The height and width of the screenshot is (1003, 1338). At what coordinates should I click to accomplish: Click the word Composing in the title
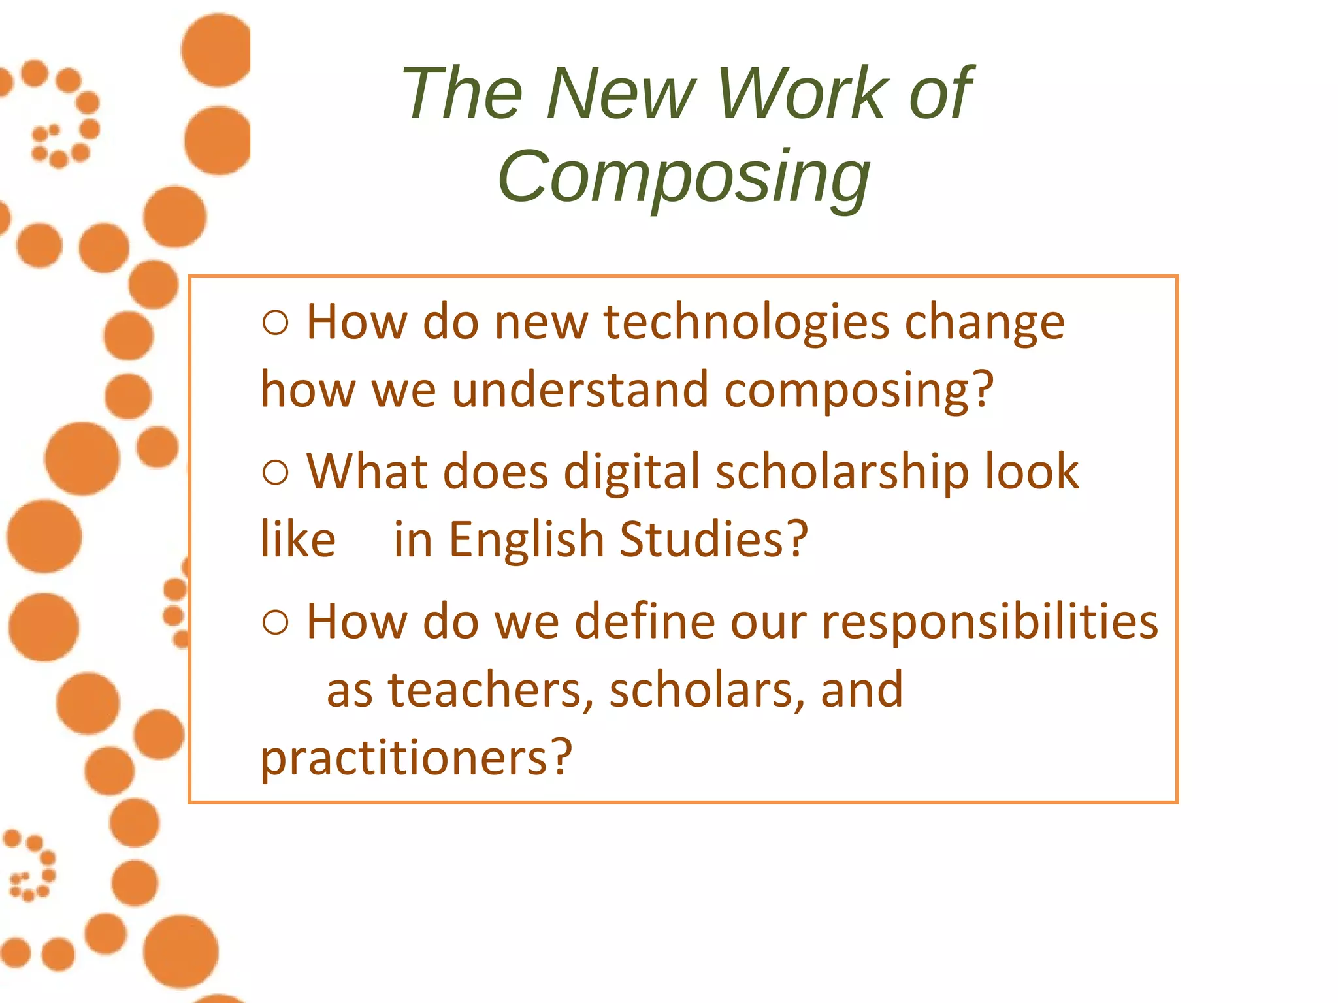(x=683, y=176)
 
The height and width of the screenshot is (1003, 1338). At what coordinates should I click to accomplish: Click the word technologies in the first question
(x=746, y=323)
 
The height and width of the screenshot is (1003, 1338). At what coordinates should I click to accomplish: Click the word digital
(x=632, y=471)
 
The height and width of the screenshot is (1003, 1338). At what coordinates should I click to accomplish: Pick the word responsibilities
(x=990, y=622)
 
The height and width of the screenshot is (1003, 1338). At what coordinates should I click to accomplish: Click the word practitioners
(x=416, y=759)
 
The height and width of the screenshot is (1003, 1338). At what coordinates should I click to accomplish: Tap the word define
(x=644, y=621)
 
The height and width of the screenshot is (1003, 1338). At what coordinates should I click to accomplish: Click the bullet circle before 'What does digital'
(x=275, y=472)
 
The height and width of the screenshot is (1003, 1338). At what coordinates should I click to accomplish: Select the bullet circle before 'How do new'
(x=275, y=323)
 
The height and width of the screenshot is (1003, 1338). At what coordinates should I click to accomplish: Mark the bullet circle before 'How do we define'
(x=275, y=622)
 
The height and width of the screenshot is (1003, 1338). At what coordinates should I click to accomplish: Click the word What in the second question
(x=367, y=471)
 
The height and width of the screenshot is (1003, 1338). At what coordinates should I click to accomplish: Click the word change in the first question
(x=984, y=323)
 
